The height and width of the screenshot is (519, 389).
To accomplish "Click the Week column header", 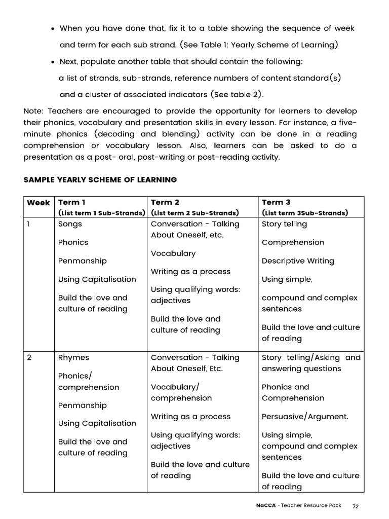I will click(38, 203).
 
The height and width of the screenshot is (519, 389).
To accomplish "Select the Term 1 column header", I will click(72, 202).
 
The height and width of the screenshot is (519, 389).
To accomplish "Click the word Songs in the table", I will click(70, 224).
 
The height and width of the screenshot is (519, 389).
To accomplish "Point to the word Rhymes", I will click(73, 357).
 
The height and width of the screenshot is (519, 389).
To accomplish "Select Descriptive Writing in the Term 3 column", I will click(298, 261).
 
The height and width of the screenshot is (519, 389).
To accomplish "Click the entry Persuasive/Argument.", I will click(305, 417).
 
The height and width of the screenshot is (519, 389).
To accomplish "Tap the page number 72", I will click(356, 506).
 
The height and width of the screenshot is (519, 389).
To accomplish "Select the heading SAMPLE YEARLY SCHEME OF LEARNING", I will click(100, 179).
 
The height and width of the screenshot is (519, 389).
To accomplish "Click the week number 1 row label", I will click(29, 224).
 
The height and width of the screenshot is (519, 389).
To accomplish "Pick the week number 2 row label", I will click(29, 357).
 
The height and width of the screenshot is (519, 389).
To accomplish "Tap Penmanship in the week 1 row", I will click(83, 261).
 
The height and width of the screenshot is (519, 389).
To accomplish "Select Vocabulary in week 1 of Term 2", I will click(173, 253).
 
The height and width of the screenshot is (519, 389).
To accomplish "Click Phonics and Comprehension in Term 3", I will click(293, 392).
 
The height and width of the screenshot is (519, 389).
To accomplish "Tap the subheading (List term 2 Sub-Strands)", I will click(195, 213).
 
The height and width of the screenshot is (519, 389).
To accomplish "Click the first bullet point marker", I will click(53, 28).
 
